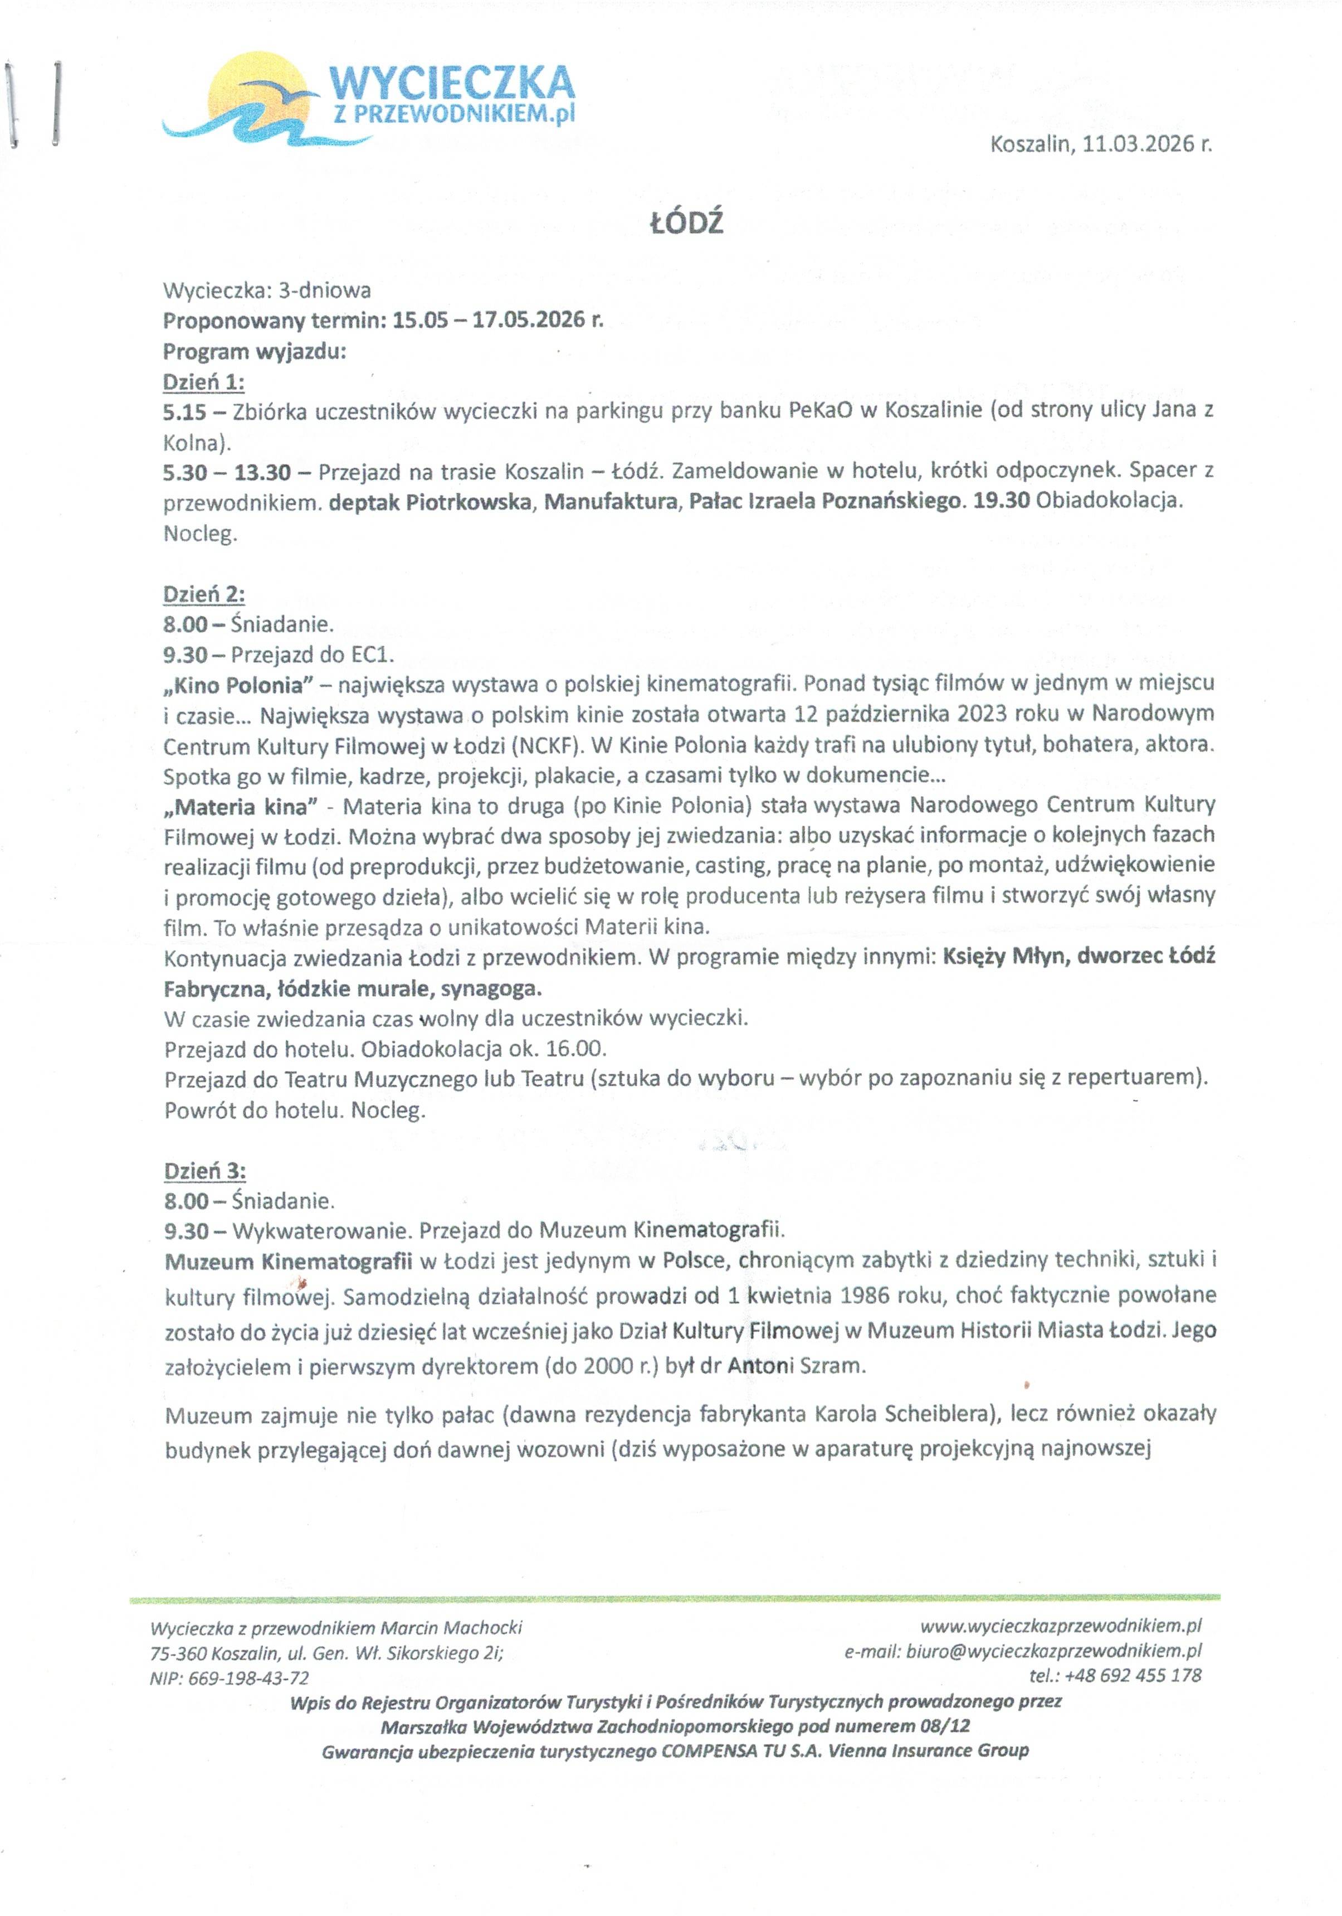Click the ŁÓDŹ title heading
coord(686,224)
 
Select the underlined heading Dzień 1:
coord(203,382)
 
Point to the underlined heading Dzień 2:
coord(203,594)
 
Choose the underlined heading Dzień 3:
coord(204,1171)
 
